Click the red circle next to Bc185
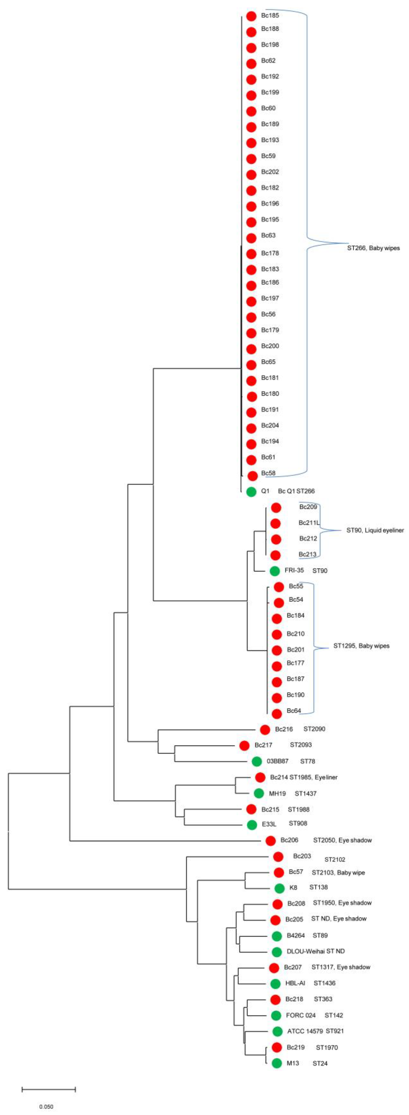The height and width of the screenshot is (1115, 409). click(x=251, y=16)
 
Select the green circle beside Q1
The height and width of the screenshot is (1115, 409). click(x=251, y=492)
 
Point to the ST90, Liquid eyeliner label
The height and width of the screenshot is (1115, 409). click(x=375, y=530)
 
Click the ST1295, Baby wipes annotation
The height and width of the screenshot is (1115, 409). click(x=361, y=646)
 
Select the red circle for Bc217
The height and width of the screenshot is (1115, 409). click(x=244, y=745)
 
